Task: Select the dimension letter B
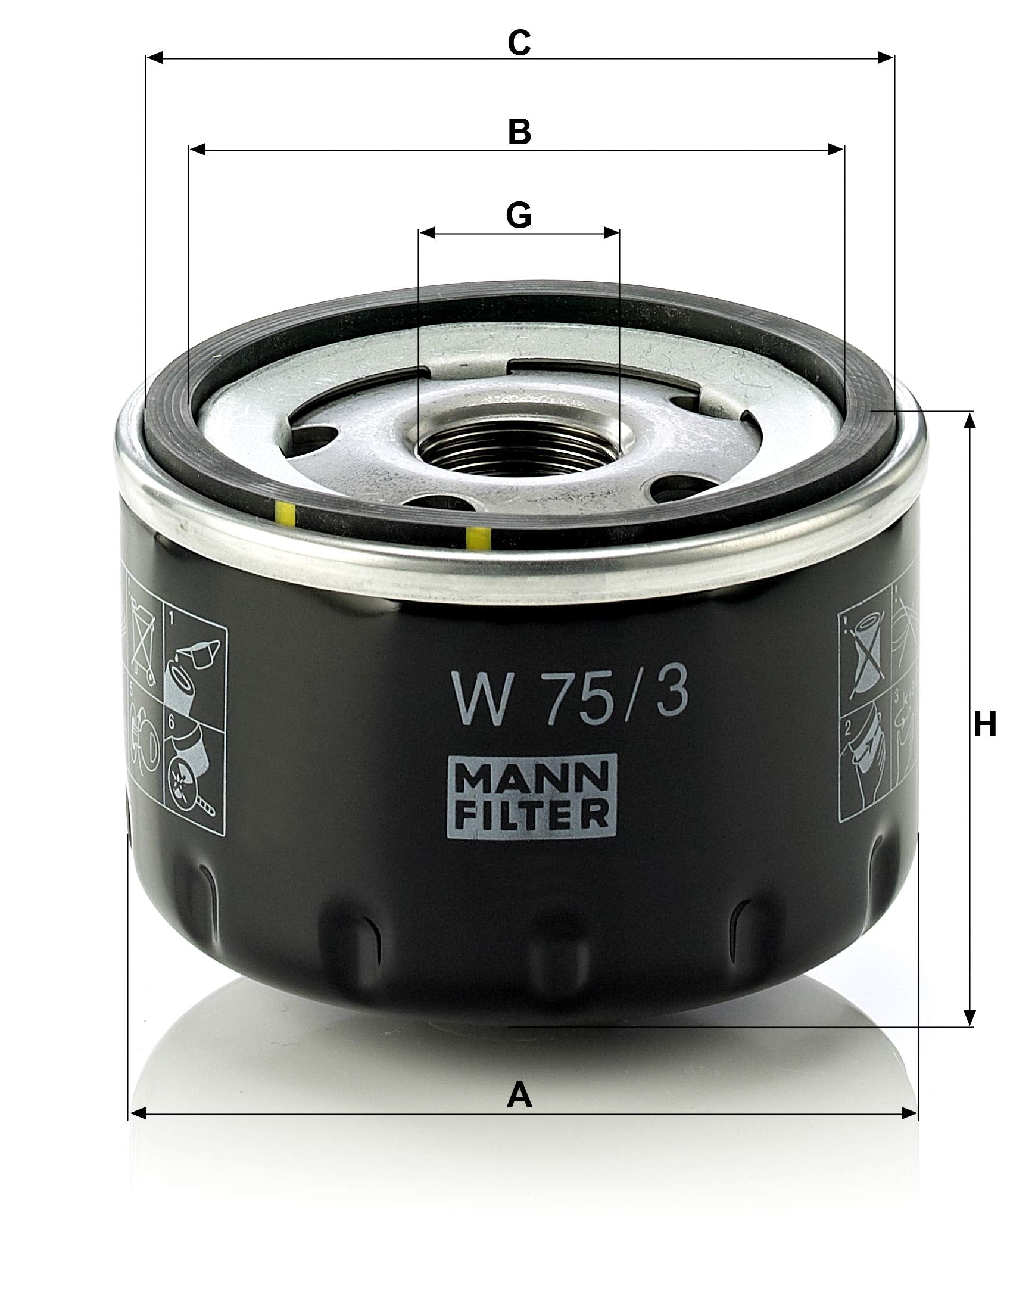[x=519, y=131]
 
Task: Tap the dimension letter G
[x=519, y=214]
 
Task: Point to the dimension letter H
[x=984, y=724]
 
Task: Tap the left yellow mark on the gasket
[x=285, y=513]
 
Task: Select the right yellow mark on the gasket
[x=478, y=538]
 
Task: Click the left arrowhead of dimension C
[x=155, y=58]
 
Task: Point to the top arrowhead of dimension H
[x=969, y=421]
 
